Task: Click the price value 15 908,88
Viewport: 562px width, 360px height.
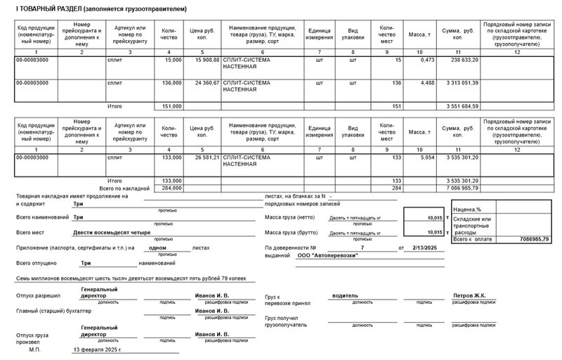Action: coord(203,60)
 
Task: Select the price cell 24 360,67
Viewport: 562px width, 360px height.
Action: coord(203,83)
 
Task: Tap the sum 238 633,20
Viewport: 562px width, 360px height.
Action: coord(462,60)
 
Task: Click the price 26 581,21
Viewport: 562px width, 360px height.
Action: coord(203,157)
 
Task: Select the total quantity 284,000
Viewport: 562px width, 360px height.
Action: coord(172,188)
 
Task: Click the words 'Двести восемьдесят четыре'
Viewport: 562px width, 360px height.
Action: coord(112,231)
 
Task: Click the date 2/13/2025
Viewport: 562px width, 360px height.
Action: coord(424,247)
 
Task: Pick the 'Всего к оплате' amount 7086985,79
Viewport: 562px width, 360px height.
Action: coord(534,240)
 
